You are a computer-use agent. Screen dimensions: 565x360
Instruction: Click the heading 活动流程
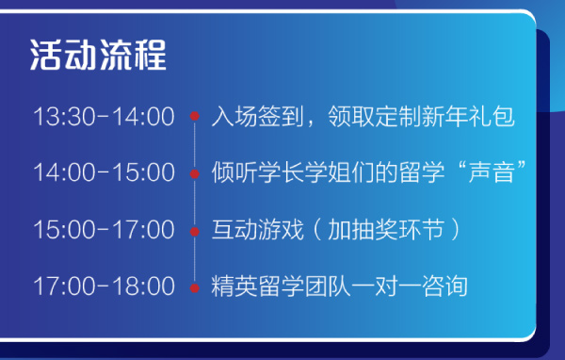(98, 55)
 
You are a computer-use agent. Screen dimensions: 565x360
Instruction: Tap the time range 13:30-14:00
(105, 117)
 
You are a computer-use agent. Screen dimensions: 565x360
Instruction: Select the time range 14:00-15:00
(105, 172)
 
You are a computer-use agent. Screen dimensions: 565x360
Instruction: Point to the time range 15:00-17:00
(105, 230)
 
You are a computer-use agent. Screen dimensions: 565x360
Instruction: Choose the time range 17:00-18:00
(105, 286)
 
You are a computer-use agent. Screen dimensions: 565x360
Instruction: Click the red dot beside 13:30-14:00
(195, 116)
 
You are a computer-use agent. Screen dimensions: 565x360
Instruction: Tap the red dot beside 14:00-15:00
(195, 173)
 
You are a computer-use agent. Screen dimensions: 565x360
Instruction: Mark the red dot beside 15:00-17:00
(195, 231)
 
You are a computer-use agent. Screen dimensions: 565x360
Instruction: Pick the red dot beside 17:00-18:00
(195, 288)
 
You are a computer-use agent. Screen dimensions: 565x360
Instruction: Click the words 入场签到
(258, 116)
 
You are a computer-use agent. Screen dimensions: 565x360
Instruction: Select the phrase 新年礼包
(468, 116)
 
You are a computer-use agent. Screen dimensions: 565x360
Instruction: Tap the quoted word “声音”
(492, 172)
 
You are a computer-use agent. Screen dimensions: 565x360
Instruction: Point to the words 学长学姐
(304, 172)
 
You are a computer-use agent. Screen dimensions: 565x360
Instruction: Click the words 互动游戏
(258, 229)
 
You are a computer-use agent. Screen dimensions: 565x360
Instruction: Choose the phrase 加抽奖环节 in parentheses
(386, 229)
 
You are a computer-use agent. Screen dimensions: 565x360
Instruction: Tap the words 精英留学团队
(281, 286)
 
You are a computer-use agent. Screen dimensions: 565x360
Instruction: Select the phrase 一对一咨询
(410, 286)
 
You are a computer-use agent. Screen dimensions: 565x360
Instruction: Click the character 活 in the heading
(46, 55)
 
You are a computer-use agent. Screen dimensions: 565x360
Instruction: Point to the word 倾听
(234, 172)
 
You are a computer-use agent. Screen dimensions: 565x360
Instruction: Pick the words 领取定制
(375, 116)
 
